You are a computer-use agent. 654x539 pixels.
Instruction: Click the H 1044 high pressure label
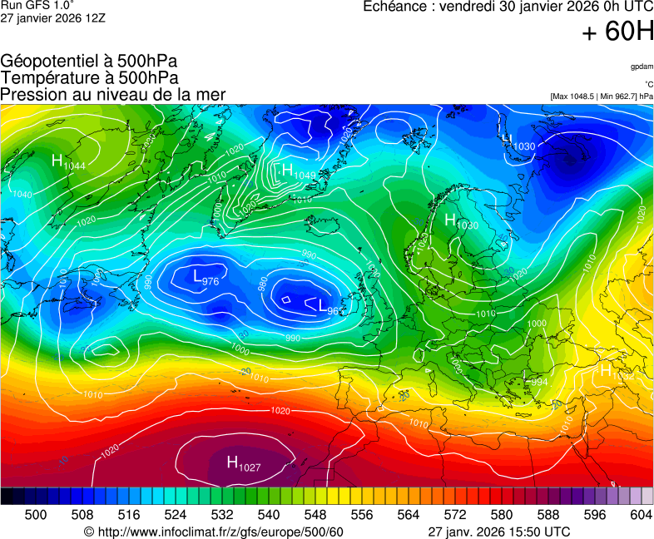coord(67,162)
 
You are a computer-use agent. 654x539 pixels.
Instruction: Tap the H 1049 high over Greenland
coord(297,171)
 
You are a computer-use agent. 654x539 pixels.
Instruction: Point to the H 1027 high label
coord(243,464)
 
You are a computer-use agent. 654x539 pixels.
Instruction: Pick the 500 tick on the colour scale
coord(36,515)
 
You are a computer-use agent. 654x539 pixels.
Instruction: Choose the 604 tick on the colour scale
coord(640,515)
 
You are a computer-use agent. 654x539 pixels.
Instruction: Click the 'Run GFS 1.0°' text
coord(31,6)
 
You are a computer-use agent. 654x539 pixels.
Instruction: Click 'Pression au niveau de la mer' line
coord(113,94)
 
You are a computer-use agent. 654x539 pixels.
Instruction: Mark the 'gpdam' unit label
coord(642,66)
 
